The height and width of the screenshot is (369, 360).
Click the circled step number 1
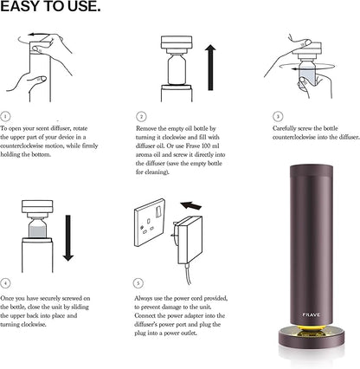(x=5, y=117)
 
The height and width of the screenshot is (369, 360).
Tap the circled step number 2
(x=141, y=117)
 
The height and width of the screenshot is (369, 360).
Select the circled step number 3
(x=278, y=117)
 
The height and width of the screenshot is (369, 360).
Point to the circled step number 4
(x=5, y=283)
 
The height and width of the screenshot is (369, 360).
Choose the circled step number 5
(x=138, y=283)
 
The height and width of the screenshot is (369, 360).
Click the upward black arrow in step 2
(x=210, y=68)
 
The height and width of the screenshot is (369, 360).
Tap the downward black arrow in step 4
(x=68, y=238)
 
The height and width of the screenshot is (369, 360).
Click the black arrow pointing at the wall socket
(x=190, y=205)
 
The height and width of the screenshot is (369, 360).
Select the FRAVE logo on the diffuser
(x=312, y=314)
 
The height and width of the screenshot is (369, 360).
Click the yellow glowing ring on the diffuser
(x=312, y=328)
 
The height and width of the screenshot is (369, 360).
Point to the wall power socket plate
(x=150, y=223)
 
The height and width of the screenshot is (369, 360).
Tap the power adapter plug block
(x=189, y=240)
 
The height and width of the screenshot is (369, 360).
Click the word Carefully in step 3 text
(x=284, y=128)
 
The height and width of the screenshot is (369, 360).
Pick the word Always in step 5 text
(x=143, y=298)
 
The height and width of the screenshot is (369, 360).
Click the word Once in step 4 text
(x=6, y=298)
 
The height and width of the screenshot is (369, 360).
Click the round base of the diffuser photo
(x=312, y=338)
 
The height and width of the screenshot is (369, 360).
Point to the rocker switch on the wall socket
(x=158, y=212)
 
